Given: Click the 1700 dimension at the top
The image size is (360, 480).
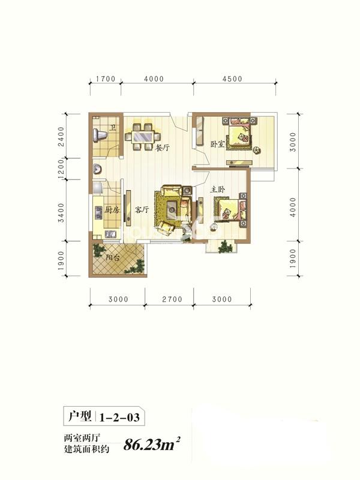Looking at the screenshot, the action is click(x=106, y=79).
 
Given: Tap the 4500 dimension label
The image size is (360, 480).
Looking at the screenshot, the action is click(x=232, y=79).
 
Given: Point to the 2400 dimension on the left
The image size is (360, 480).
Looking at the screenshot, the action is click(x=61, y=137).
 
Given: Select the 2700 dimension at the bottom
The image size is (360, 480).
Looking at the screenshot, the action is click(x=172, y=299).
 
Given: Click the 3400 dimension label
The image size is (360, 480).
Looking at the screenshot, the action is click(x=61, y=212).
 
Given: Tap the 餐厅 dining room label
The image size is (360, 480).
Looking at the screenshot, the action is click(x=162, y=148).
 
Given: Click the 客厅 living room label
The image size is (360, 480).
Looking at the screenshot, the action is click(x=142, y=209).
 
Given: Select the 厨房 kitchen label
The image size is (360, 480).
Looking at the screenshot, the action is click(x=112, y=209).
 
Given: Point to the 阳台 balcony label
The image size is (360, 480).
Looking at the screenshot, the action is click(x=113, y=258).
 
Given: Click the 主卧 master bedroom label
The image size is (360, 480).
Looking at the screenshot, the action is click(x=217, y=190).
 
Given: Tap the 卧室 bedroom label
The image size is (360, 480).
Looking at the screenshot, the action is click(x=218, y=144).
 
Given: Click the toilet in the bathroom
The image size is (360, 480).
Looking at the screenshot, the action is click(x=100, y=134).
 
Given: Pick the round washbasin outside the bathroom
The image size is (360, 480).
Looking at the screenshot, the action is click(x=98, y=169).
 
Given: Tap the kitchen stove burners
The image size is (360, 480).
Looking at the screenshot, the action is click(x=98, y=212).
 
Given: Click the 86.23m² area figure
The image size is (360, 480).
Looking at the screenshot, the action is click(x=151, y=444).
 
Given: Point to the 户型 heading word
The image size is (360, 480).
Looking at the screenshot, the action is click(x=80, y=416).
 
